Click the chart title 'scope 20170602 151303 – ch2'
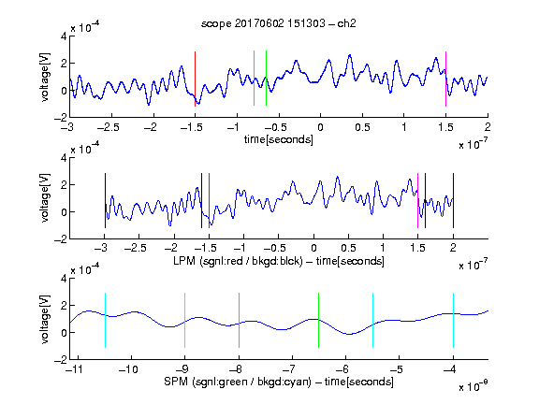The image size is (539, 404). pyautogui.click(x=279, y=23)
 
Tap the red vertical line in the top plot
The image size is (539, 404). pyautogui.click(x=195, y=79)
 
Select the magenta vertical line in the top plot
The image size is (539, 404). pyautogui.click(x=445, y=79)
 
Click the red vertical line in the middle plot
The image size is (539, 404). pyautogui.click(x=209, y=201)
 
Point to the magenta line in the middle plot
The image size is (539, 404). pyautogui.click(x=417, y=201)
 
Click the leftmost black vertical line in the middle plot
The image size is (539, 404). pyautogui.click(x=105, y=201)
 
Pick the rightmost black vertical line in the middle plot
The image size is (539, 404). pyautogui.click(x=453, y=201)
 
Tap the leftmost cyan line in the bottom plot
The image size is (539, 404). pyautogui.click(x=105, y=320)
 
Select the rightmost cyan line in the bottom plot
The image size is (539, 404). pyautogui.click(x=453, y=320)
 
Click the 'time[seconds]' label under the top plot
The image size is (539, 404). pyautogui.click(x=279, y=139)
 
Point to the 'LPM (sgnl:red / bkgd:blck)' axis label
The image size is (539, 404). pyautogui.click(x=238, y=261)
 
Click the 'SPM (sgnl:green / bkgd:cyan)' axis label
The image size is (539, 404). pyautogui.click(x=238, y=382)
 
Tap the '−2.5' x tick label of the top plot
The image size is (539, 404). pyautogui.click(x=108, y=127)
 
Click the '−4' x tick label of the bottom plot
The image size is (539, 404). pyautogui.click(x=449, y=369)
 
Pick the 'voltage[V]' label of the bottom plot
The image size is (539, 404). pyautogui.click(x=45, y=319)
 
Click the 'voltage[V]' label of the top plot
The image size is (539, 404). pyautogui.click(x=45, y=77)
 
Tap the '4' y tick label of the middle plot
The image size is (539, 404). pyautogui.click(x=64, y=158)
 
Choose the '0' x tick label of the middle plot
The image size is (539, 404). pyautogui.click(x=313, y=248)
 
